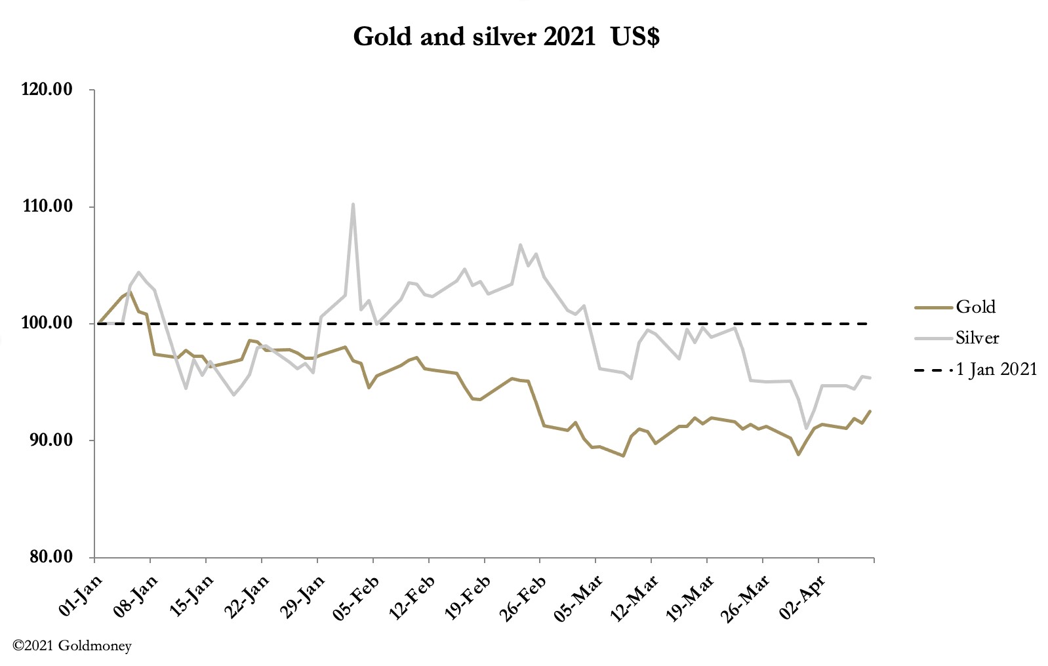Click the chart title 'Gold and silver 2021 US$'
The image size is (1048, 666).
[506, 36]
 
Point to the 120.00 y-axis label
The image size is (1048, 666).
[47, 90]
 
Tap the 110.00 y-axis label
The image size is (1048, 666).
[47, 206]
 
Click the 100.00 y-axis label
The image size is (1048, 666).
[47, 323]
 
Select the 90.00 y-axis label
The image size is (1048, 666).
[48, 440]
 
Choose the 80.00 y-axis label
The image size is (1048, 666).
[48, 557]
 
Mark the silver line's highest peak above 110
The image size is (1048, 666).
[353, 204]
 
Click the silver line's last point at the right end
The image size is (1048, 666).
[870, 378]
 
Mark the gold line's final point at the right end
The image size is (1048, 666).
[870, 411]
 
